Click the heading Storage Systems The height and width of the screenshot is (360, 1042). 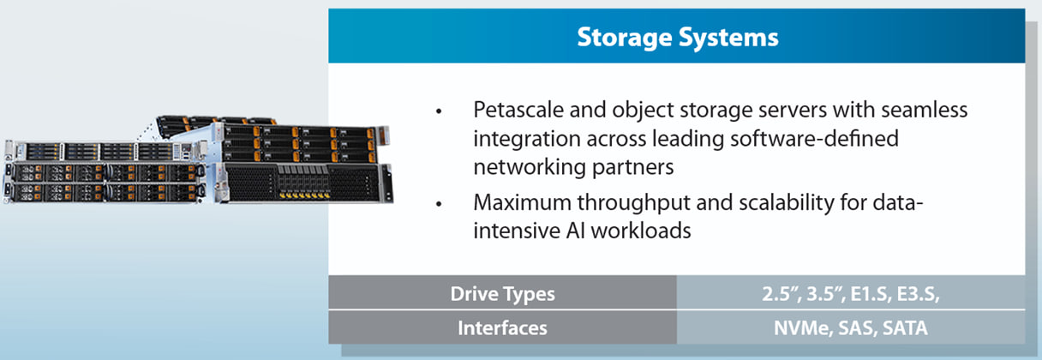click(x=677, y=38)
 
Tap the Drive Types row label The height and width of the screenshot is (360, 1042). click(x=503, y=294)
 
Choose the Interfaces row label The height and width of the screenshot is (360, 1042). click(x=503, y=327)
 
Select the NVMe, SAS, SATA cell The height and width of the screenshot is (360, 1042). click(x=850, y=327)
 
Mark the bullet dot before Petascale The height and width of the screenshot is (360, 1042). click(x=440, y=113)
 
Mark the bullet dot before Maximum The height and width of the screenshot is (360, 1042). click(x=440, y=206)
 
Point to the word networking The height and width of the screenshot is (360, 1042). click(x=526, y=166)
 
